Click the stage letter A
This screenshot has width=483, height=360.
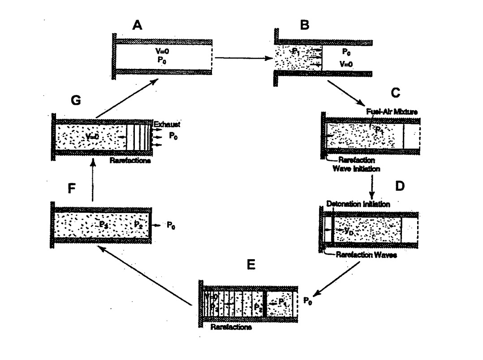pos(138,26)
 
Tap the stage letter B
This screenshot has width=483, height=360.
pos(305,25)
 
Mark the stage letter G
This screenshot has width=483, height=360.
pos(76,100)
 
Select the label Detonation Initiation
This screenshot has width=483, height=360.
pos(358,204)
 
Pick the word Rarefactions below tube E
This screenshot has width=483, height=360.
pos(230,327)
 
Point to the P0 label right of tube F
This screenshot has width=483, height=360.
pos(171,226)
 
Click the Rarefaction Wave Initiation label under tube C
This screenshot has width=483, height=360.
pos(357,164)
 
